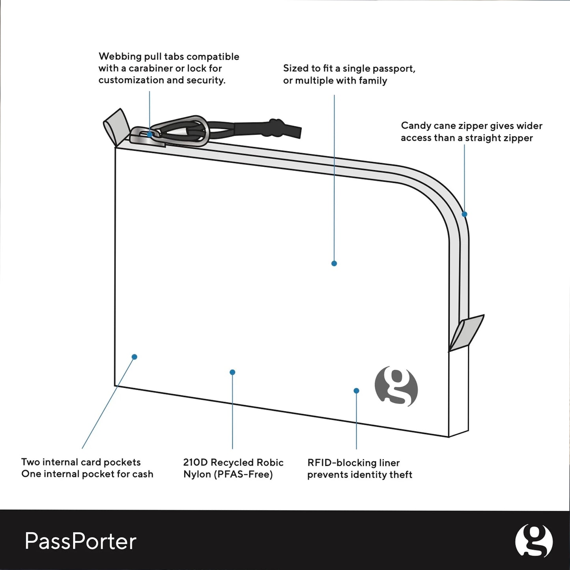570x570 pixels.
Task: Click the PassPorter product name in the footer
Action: [x=80, y=541]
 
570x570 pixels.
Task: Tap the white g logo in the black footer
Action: [x=534, y=541]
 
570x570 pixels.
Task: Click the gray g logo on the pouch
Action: [x=396, y=386]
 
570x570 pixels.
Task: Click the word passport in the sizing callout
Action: [x=394, y=68]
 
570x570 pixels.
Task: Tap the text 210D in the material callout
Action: [x=195, y=462]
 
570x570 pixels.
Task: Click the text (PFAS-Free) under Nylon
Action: [x=243, y=474]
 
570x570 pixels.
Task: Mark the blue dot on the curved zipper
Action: [x=464, y=214]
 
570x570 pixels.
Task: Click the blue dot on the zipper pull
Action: [x=150, y=135]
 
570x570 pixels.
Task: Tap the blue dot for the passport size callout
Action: [x=334, y=264]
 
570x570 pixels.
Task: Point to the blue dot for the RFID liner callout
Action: [x=356, y=391]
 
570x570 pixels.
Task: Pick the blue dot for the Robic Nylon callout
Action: [x=232, y=372]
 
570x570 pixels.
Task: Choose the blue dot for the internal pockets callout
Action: [x=135, y=357]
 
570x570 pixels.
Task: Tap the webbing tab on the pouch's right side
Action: [x=467, y=333]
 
